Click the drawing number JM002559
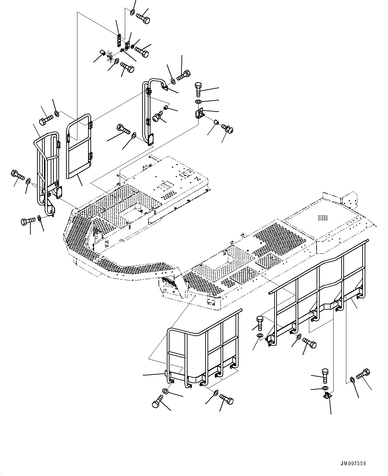353,463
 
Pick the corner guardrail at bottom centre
204,351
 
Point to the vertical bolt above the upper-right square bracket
198,88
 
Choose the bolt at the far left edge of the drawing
17,174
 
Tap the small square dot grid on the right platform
323,217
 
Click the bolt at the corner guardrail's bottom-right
227,399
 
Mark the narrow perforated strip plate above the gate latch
118,40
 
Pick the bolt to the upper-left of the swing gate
45,119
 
